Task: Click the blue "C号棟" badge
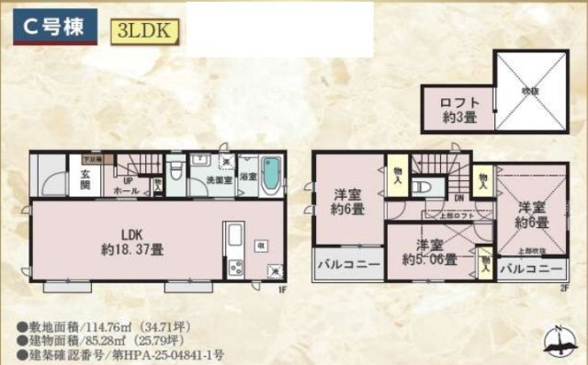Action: (55, 26)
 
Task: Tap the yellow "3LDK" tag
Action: (142, 29)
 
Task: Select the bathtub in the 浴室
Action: (272, 174)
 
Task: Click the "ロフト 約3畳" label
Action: (458, 109)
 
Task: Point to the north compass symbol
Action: (558, 341)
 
